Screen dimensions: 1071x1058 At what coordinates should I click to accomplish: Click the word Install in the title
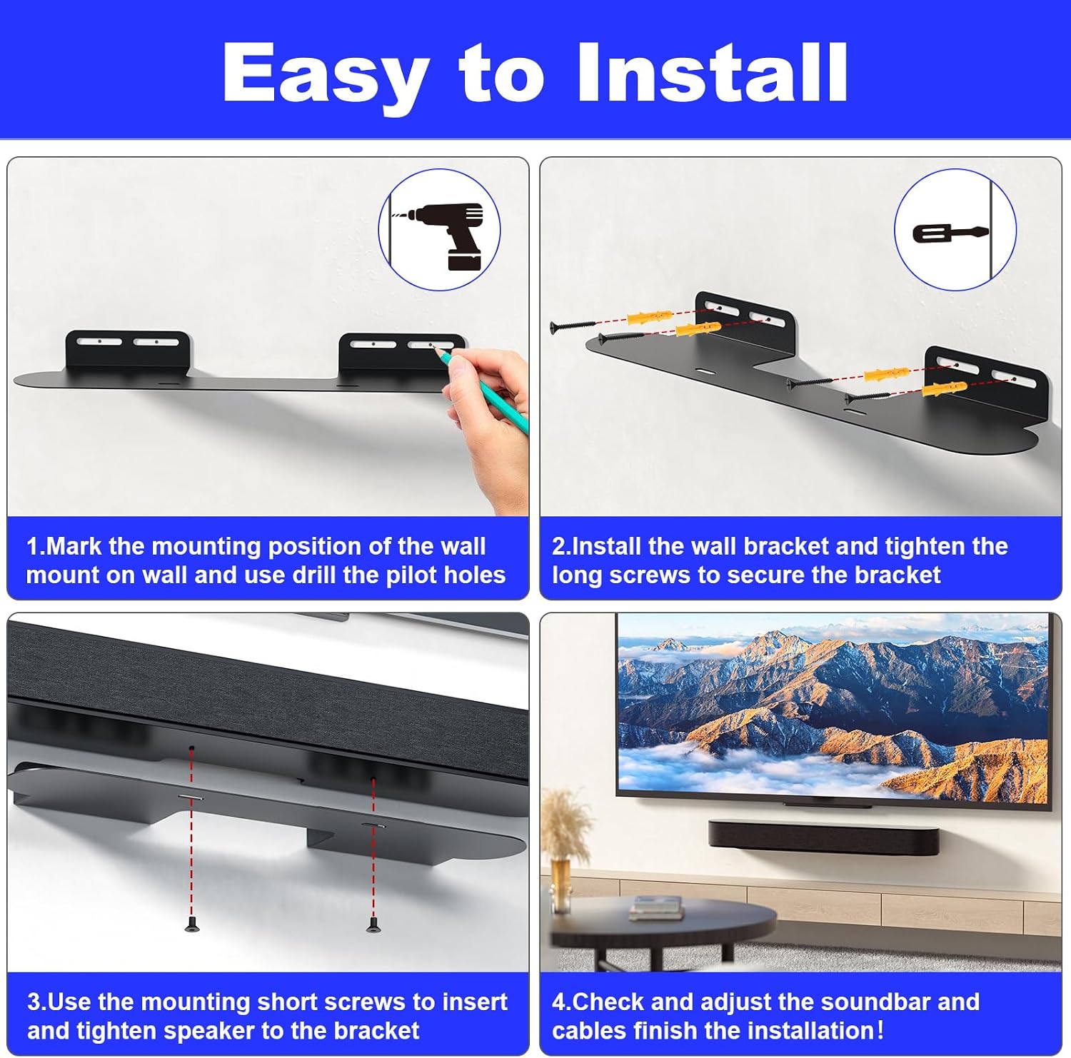[x=713, y=73]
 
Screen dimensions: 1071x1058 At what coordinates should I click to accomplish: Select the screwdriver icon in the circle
[x=951, y=233]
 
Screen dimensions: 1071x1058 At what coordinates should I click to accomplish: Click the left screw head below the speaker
[x=191, y=925]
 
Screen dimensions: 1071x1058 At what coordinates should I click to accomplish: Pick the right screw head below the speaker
[x=373, y=925]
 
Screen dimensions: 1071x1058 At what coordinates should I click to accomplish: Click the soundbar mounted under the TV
[x=823, y=837]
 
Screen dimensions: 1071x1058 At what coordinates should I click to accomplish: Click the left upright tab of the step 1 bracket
[x=128, y=351]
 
